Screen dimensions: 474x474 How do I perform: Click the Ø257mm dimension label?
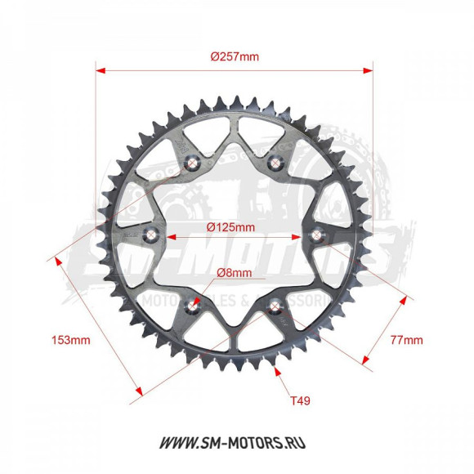pyautogui.click(x=234, y=56)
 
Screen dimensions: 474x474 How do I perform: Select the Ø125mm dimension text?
pyautogui.click(x=231, y=226)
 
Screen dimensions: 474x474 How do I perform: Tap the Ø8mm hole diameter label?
pyautogui.click(x=235, y=273)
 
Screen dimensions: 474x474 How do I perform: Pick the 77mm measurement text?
pyautogui.click(x=406, y=338)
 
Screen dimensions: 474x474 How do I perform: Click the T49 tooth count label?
pyautogui.click(x=300, y=400)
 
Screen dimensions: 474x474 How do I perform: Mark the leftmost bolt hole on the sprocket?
pyautogui.click(x=150, y=237)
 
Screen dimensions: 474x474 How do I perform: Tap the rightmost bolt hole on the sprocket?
pyautogui.click(x=319, y=237)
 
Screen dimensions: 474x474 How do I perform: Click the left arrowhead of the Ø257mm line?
pyautogui.click(x=99, y=69)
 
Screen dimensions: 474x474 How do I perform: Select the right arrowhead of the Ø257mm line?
pyautogui.click(x=371, y=69)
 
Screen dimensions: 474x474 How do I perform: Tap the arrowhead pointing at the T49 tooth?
pyautogui.click(x=279, y=372)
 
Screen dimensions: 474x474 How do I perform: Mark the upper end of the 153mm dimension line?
pyautogui.click(x=56, y=259)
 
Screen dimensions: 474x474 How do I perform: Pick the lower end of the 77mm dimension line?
pyautogui.click(x=360, y=360)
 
